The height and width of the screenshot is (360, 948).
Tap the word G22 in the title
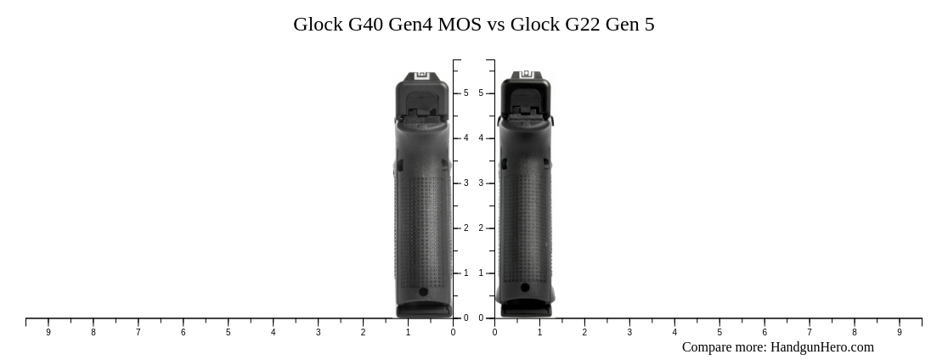(582, 24)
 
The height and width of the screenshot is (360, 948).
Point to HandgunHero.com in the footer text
(822, 347)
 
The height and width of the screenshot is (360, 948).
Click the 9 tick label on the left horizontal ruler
(48, 332)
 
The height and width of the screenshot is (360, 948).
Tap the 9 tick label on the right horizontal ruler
(900, 332)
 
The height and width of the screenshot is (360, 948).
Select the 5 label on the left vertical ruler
(466, 93)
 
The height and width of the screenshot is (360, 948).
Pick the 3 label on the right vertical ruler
(482, 183)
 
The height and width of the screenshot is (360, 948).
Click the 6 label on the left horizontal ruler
(183, 332)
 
